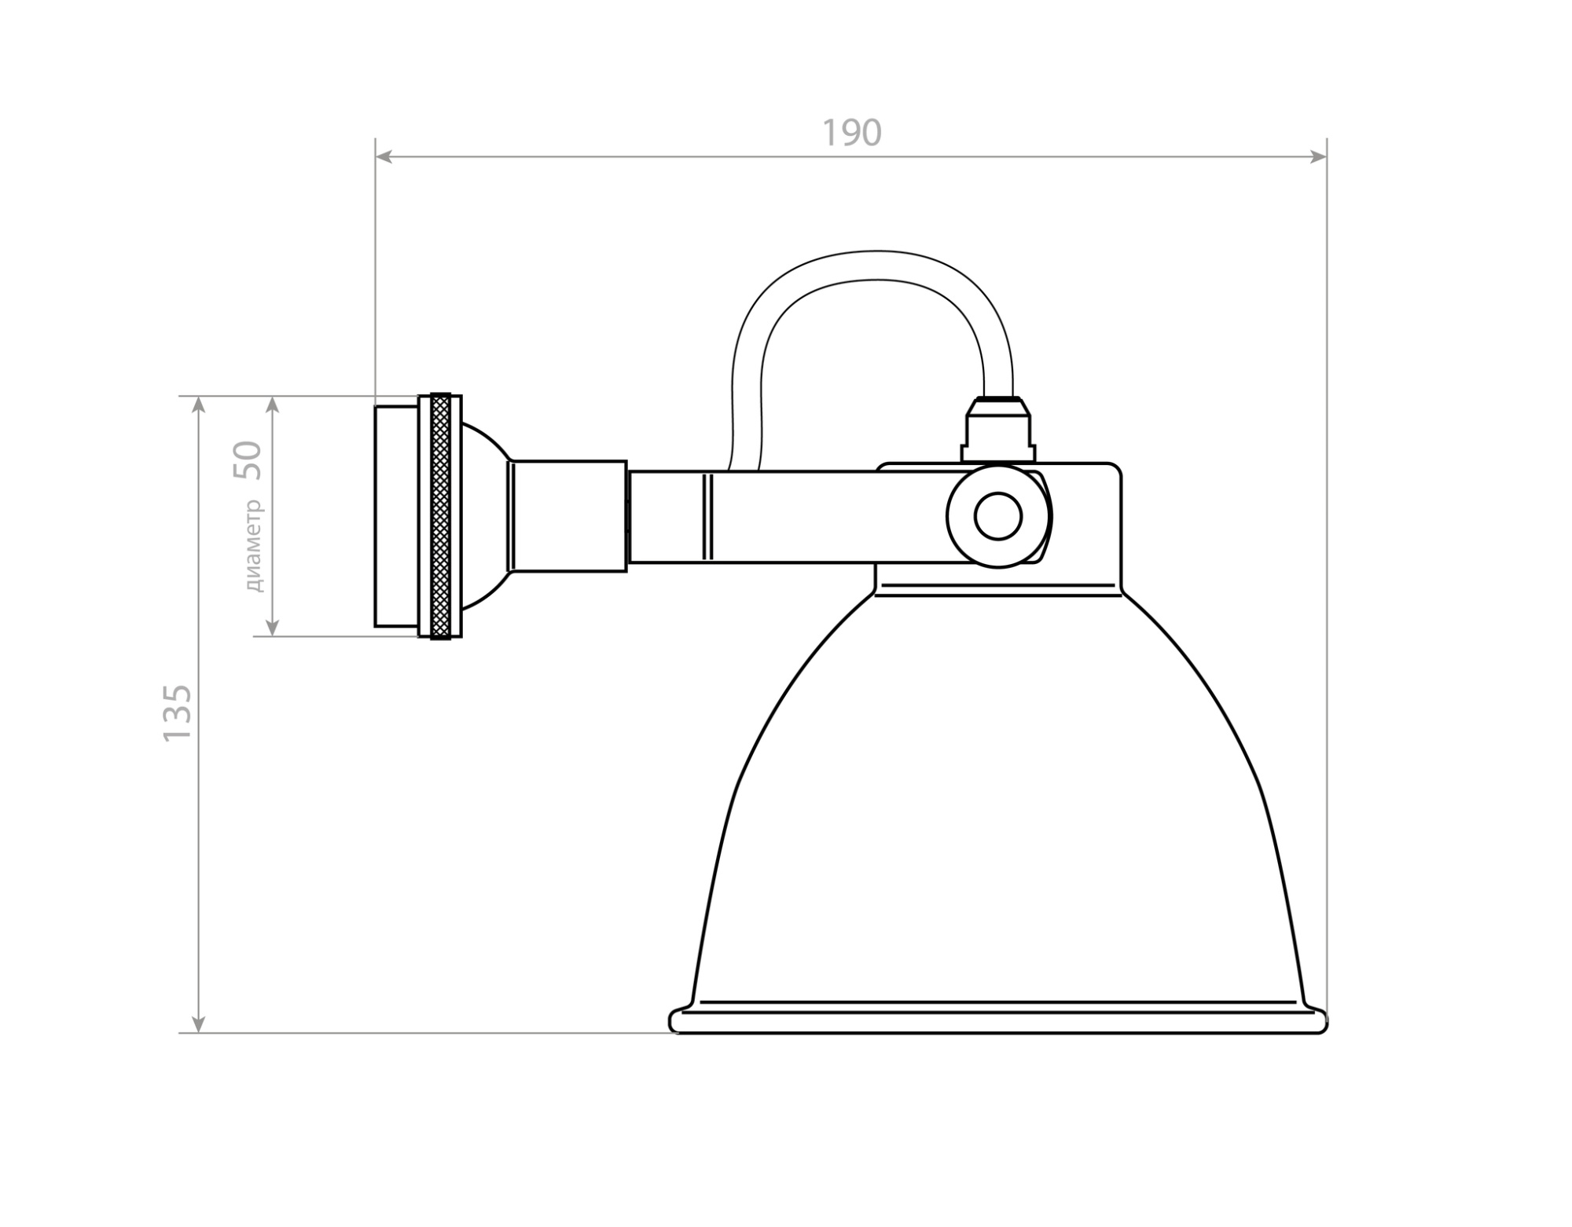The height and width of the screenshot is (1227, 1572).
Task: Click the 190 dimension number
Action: [852, 134]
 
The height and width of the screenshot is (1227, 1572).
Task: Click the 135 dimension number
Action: [178, 712]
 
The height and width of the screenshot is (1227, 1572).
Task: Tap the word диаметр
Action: [254, 545]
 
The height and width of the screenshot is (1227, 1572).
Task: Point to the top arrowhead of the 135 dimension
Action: [199, 405]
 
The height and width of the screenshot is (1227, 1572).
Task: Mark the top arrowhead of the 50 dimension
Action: [273, 405]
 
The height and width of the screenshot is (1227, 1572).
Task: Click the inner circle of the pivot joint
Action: [997, 516]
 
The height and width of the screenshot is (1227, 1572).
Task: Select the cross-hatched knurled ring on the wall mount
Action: [441, 516]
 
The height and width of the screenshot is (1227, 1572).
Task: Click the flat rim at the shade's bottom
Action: [997, 1023]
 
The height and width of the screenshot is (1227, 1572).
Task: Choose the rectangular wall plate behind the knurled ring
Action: [396, 516]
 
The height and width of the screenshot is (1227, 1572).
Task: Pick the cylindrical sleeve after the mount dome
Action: [568, 516]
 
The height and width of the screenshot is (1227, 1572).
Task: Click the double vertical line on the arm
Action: [708, 516]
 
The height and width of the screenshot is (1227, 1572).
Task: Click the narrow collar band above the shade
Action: [997, 590]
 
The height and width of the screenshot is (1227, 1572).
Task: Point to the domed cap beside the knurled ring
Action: [481, 516]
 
